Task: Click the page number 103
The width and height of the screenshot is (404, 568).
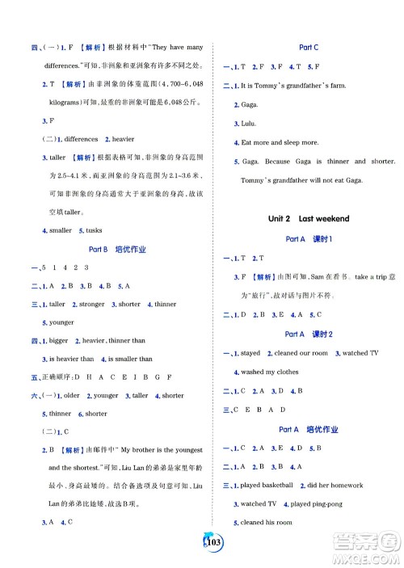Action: point(201,540)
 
